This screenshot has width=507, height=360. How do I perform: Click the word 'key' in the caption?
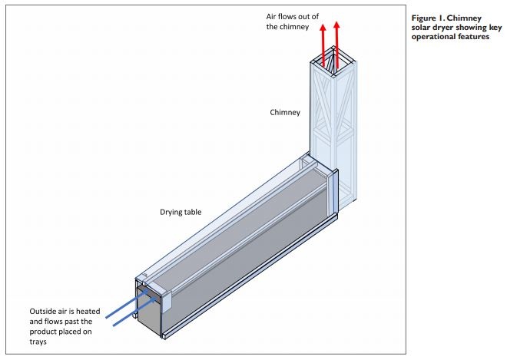coord(482,28)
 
